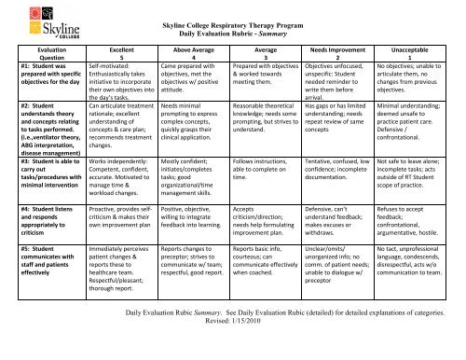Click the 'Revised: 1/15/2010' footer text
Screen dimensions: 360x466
pos(233,341)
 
